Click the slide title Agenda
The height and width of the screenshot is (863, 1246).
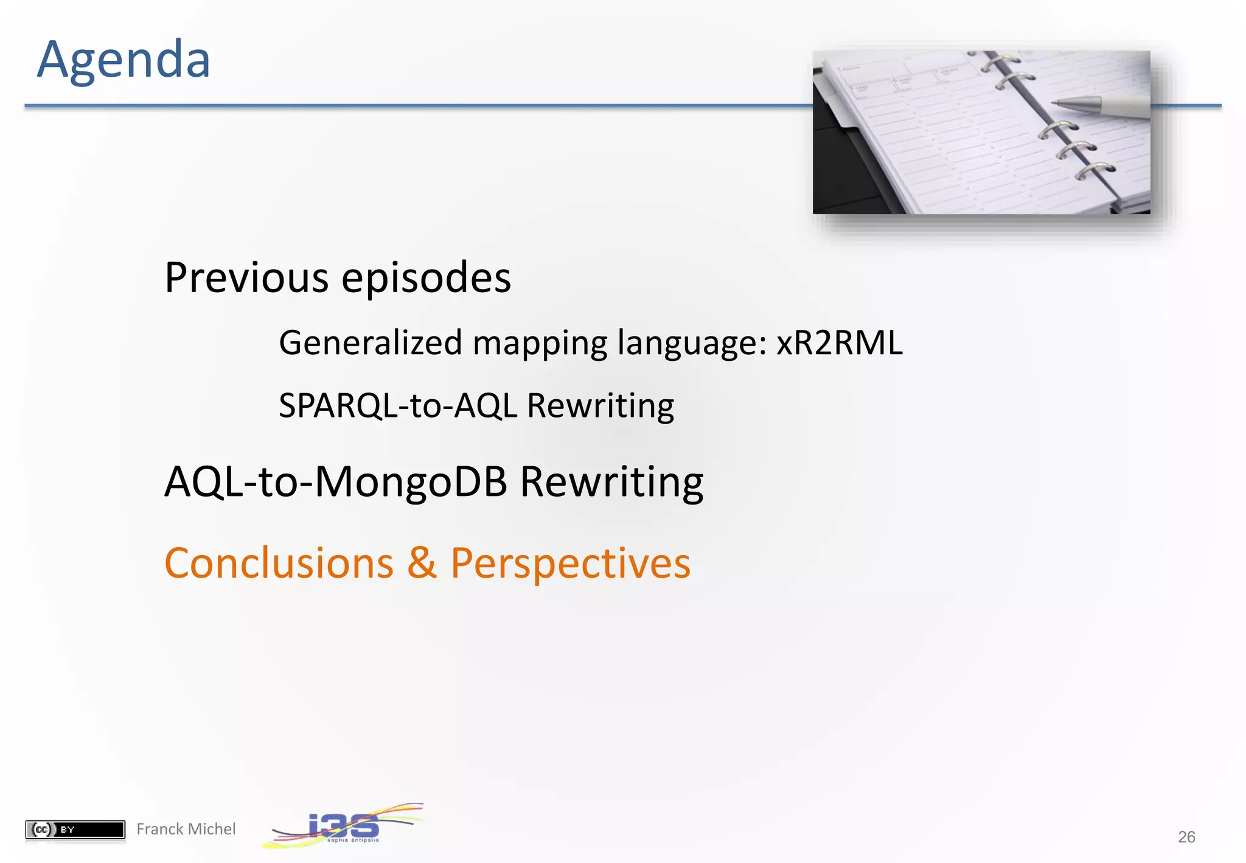[124, 60]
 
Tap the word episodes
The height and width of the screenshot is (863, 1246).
[426, 278]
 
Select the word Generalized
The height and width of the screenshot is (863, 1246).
[371, 343]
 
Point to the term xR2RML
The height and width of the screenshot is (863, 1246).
[839, 343]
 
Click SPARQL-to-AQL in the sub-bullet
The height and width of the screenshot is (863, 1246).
[398, 406]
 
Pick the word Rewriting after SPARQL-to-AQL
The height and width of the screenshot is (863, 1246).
[600, 406]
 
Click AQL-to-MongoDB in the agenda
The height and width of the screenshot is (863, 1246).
[336, 482]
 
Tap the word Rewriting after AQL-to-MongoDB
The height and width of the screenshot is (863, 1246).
[611, 482]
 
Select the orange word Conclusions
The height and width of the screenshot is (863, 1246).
[279, 563]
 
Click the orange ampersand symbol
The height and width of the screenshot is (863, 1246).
[422, 563]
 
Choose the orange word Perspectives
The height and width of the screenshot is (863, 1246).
[570, 563]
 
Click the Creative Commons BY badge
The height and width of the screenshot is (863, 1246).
[75, 829]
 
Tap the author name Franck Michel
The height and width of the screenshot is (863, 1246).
[186, 829]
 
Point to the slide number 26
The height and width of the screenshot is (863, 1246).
[1186, 837]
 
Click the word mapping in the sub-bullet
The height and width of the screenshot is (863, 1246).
[540, 343]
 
